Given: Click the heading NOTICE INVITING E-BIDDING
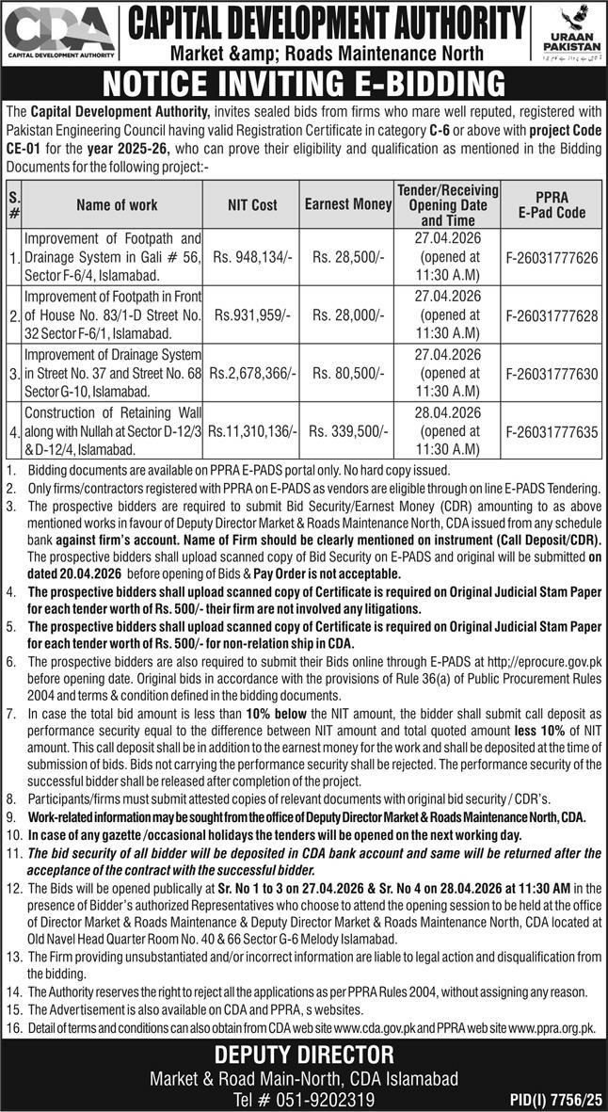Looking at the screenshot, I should (x=303, y=83).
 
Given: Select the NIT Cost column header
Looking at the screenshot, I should (x=252, y=204).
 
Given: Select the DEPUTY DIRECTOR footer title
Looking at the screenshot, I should (x=304, y=1053).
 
